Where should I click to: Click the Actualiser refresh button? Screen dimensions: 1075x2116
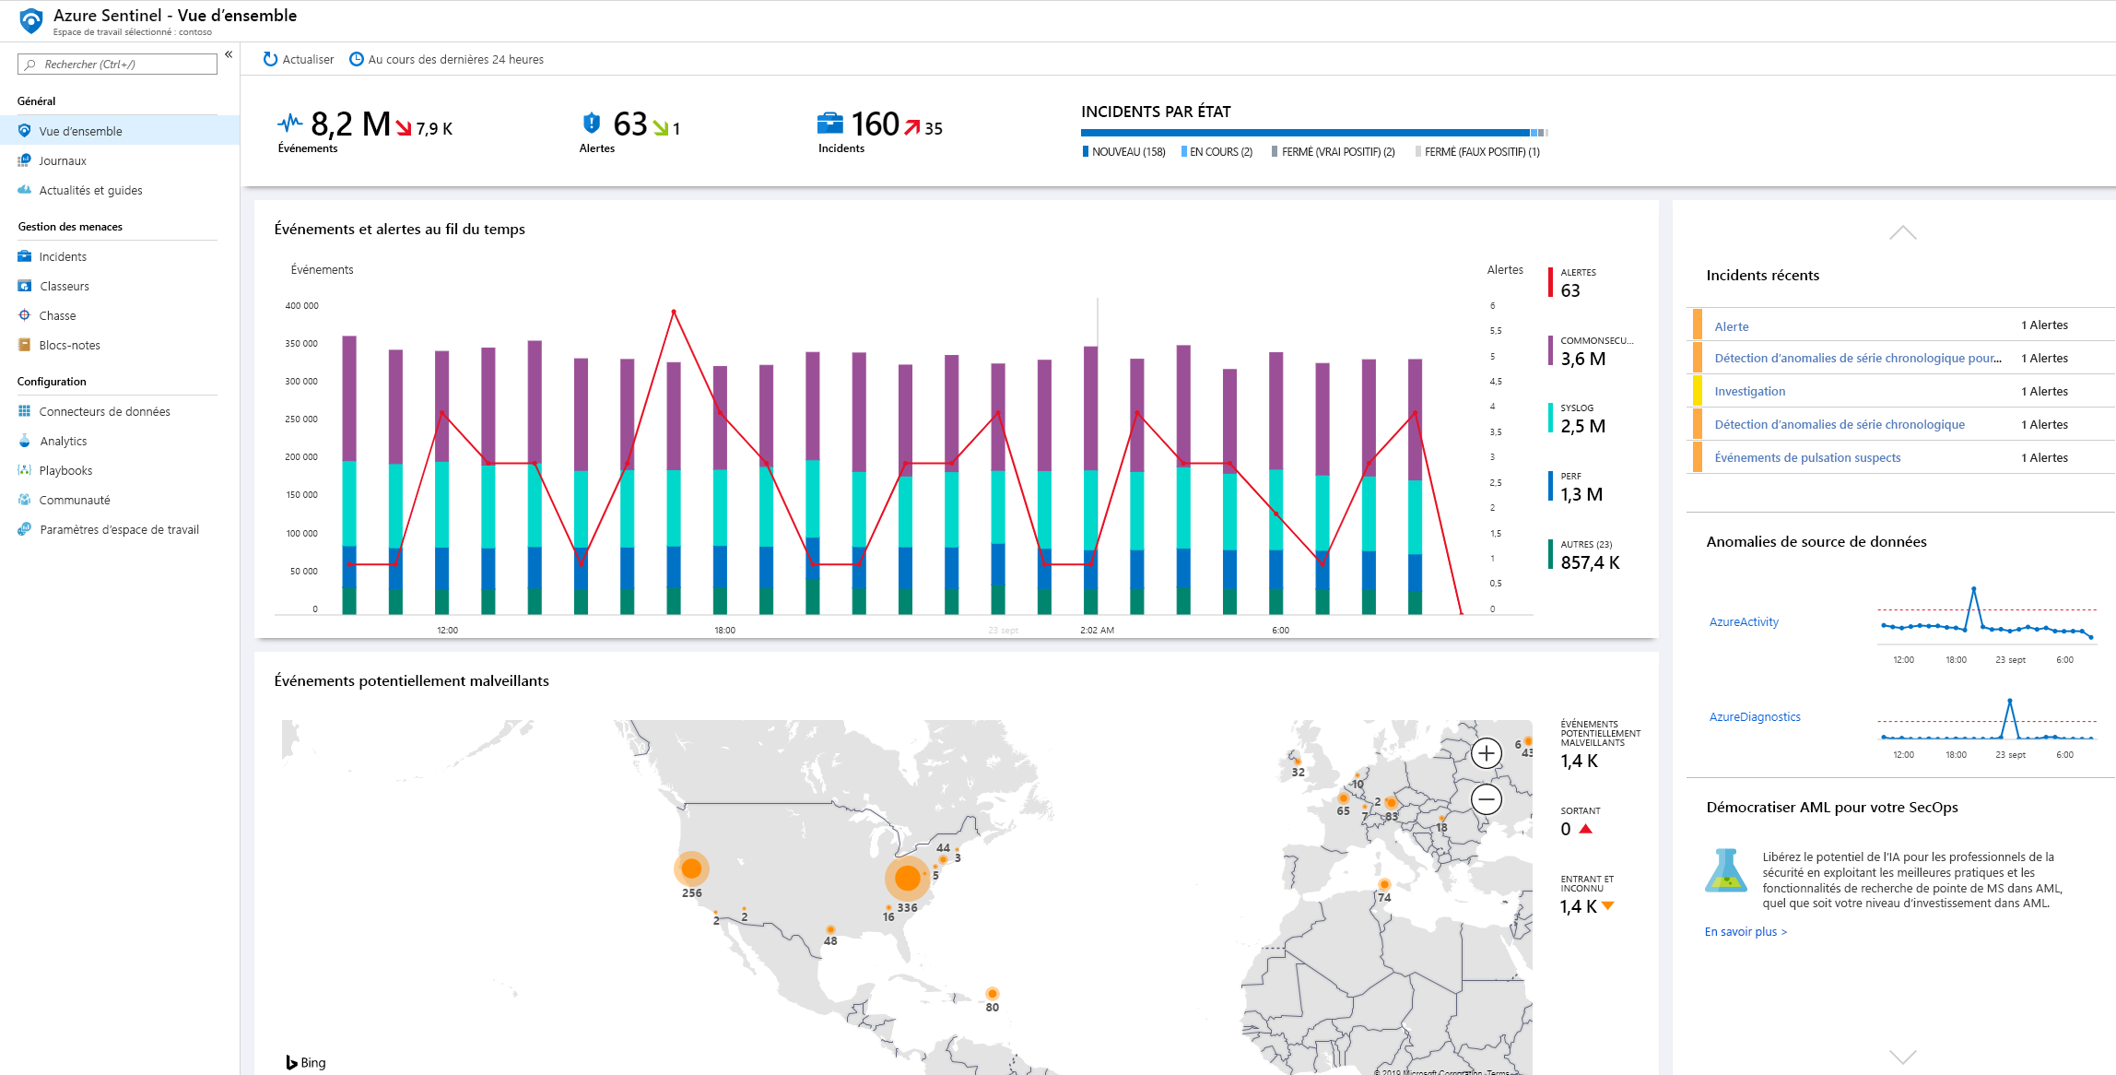tap(298, 59)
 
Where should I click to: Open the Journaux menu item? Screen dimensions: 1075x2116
tap(63, 160)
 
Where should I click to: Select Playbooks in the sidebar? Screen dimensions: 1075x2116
tap(65, 470)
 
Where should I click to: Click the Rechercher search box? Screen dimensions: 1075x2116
tap(118, 64)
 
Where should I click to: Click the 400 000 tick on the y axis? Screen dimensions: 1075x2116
tap(301, 306)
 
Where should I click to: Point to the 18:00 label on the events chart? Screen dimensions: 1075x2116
tap(724, 631)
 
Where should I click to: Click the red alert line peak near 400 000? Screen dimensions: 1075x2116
tap(674, 312)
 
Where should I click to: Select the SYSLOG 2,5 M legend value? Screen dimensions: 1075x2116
tap(1582, 426)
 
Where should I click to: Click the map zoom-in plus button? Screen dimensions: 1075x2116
tap(1486, 753)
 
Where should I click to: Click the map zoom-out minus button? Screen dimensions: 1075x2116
tap(1486, 799)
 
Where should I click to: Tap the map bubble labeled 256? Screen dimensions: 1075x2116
tap(691, 868)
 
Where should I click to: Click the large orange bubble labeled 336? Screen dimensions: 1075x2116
tap(907, 878)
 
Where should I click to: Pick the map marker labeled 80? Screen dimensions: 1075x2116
tap(992, 994)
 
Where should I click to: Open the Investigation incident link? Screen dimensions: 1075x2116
tap(1749, 391)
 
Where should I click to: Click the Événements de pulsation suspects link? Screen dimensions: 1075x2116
tap(1806, 457)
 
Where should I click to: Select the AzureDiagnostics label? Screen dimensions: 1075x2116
tap(1754, 716)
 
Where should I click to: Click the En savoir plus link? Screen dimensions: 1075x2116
tap(1745, 931)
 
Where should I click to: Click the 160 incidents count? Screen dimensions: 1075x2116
tap(874, 124)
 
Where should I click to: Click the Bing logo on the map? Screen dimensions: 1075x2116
tap(306, 1062)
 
